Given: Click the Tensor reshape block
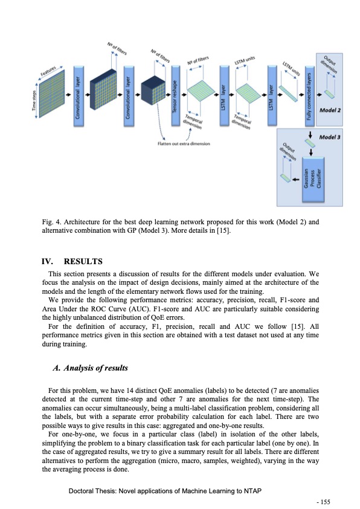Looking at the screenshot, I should point(175,97).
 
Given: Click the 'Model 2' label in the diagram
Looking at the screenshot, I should point(329,111).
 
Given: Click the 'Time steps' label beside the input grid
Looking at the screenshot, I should point(34,99).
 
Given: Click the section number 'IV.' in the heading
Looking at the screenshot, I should point(47,262).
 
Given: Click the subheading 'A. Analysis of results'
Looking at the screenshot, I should point(91,368).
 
